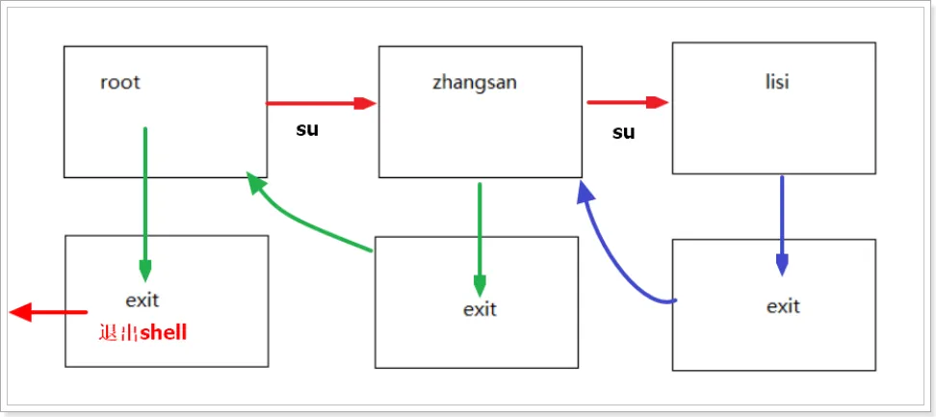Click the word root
(120, 82)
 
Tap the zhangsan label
(475, 83)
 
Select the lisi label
(777, 82)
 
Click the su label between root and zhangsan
(307, 129)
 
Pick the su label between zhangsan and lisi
(624, 133)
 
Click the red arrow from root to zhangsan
(322, 103)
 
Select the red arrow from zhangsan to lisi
(628, 102)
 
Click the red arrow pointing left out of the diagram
(48, 312)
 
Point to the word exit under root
(143, 300)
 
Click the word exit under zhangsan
(480, 309)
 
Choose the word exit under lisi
(783, 306)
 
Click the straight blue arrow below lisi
(782, 225)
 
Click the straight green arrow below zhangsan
(480, 240)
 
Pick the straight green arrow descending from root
(145, 204)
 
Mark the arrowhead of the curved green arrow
(257, 183)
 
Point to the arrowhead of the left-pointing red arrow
(19, 312)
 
